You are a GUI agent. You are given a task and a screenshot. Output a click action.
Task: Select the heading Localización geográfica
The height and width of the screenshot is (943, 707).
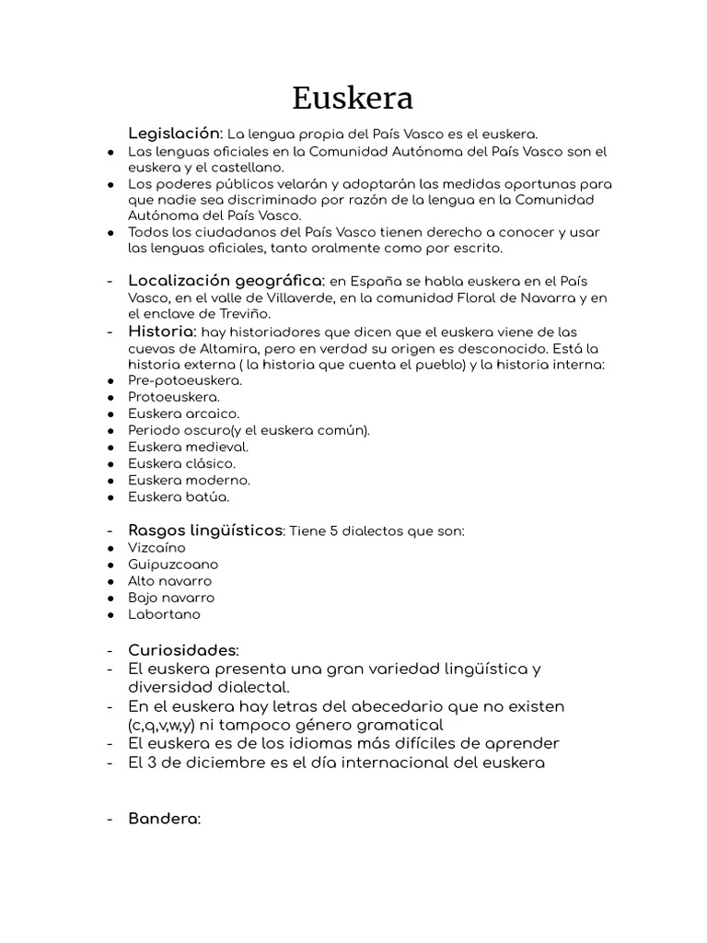click(226, 280)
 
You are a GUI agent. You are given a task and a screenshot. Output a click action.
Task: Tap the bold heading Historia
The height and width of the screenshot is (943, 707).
click(162, 331)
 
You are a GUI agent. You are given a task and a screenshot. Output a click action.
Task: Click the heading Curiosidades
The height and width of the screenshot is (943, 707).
click(183, 650)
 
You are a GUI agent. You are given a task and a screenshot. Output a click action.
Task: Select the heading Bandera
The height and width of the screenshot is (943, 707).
click(164, 818)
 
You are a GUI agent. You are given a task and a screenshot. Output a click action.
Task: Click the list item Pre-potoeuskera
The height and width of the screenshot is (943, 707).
click(185, 380)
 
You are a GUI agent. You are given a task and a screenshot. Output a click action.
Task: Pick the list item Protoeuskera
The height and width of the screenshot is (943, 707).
click(174, 397)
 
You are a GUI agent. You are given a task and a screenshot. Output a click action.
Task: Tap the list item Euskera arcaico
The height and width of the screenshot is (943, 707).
click(183, 413)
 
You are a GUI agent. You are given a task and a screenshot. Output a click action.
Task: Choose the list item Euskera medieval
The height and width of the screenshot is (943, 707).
click(188, 447)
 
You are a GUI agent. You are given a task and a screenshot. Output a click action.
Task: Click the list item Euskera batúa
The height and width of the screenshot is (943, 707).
click(179, 496)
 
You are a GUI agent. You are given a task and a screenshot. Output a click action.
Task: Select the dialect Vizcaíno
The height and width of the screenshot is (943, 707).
click(156, 548)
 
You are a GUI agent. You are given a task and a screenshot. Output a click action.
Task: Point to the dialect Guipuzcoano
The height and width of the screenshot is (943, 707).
click(173, 565)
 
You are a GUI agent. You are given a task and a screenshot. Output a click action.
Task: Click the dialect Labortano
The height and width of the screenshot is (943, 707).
click(164, 614)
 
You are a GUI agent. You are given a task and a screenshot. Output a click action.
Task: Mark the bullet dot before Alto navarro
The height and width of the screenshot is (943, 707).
click(110, 581)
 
